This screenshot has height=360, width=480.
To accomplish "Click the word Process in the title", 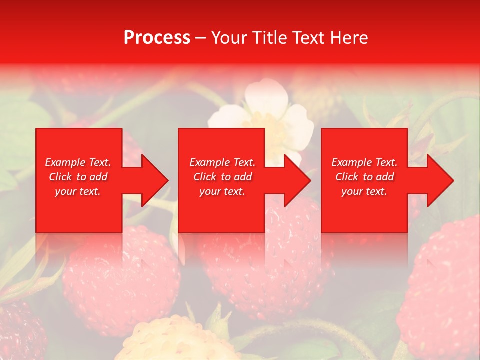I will tap(157, 37).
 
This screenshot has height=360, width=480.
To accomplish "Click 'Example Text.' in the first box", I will tap(78, 162).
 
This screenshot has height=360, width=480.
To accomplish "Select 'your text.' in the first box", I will tap(78, 191).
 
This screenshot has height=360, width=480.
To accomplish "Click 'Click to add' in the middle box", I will tap(222, 177).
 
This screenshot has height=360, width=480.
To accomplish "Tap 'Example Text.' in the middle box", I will tap(222, 162).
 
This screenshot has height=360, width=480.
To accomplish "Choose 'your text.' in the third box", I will tap(364, 191).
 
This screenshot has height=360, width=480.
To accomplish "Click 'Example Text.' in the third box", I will tap(364, 162).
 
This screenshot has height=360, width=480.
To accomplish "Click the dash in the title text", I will tap(201, 38).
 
